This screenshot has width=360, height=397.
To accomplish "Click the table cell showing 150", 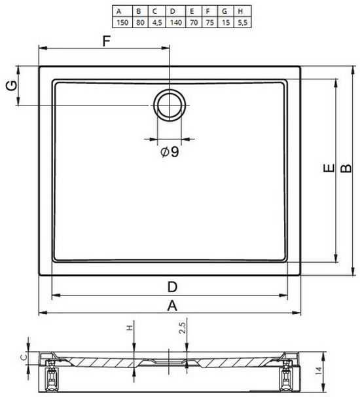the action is pyautogui.click(x=122, y=22).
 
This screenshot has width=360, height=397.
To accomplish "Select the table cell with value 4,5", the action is pyautogui.click(x=157, y=22).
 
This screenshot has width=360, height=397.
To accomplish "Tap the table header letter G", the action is pyautogui.click(x=225, y=11).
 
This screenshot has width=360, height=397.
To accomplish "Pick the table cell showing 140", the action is pyautogui.click(x=176, y=22).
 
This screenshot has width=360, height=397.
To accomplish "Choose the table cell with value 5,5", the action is pyautogui.click(x=243, y=22).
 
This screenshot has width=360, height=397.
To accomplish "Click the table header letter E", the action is pyautogui.click(x=192, y=11).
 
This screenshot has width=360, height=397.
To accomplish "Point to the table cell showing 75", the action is pyautogui.click(x=209, y=22).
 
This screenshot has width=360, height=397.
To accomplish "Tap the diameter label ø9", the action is pyautogui.click(x=170, y=152).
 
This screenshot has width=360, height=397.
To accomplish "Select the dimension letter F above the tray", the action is pyautogui.click(x=107, y=41).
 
